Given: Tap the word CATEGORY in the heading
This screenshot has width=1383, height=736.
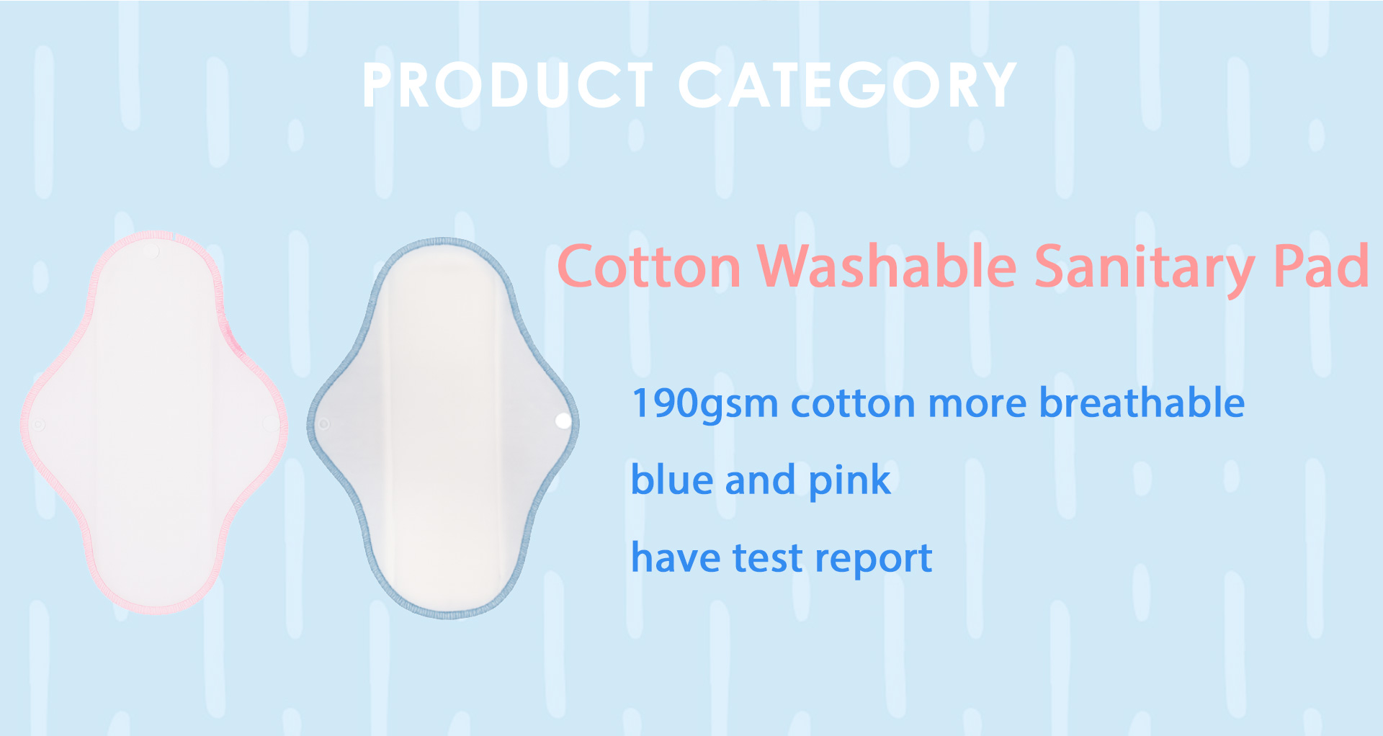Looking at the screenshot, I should click(x=847, y=85).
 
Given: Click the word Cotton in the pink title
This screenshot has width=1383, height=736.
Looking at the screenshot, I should click(x=649, y=267).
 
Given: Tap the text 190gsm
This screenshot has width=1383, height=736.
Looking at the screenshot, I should click(x=704, y=404).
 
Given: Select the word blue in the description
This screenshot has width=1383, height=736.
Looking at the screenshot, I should click(x=673, y=480).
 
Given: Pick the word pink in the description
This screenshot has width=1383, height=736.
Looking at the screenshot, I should click(x=850, y=481).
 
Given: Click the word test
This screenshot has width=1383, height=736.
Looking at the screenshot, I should click(x=767, y=558).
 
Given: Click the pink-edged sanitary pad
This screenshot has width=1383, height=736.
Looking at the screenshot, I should click(x=153, y=425).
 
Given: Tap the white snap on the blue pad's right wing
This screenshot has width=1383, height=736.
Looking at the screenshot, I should click(x=563, y=421).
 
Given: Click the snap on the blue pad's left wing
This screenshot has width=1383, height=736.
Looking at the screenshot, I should click(x=324, y=423).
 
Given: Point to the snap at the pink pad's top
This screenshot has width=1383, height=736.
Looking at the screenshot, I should click(x=152, y=251).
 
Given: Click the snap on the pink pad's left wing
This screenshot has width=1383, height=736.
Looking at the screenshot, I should click(x=39, y=425).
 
